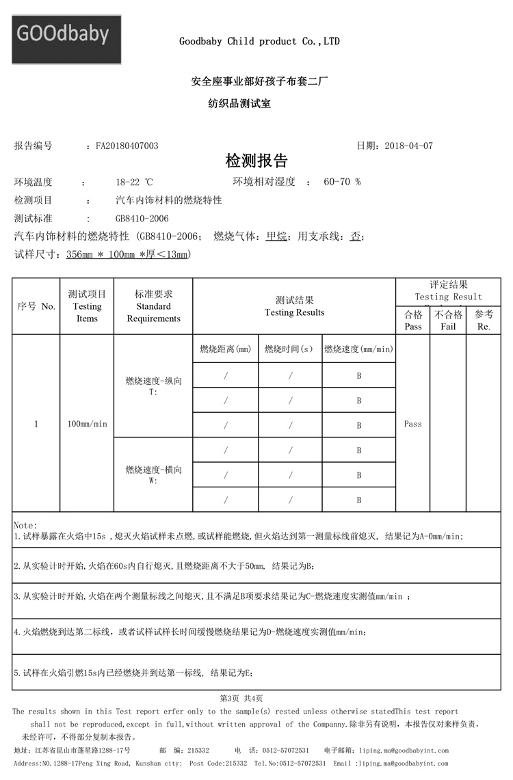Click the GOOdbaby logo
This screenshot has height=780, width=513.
click(66, 39)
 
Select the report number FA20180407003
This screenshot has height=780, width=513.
click(127, 146)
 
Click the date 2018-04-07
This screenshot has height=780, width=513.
click(408, 146)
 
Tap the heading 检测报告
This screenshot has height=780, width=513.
click(256, 161)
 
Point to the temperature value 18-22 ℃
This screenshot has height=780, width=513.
click(134, 182)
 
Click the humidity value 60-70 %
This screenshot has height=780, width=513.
click(342, 182)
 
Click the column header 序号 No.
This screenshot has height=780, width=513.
click(36, 306)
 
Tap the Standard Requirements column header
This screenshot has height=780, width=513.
click(153, 306)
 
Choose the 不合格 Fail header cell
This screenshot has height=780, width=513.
click(448, 321)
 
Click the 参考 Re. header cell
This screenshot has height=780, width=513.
click(484, 321)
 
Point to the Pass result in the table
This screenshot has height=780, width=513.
click(413, 424)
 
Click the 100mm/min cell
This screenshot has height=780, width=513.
click(87, 424)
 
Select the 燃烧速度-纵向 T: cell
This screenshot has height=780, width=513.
click(153, 386)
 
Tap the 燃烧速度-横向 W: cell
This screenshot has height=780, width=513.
click(153, 474)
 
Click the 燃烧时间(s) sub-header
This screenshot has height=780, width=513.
click(290, 349)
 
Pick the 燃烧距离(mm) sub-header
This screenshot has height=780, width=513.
click(225, 349)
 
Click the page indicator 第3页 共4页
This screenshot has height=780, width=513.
click(241, 698)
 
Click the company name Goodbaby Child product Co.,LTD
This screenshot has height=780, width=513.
click(259, 42)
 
